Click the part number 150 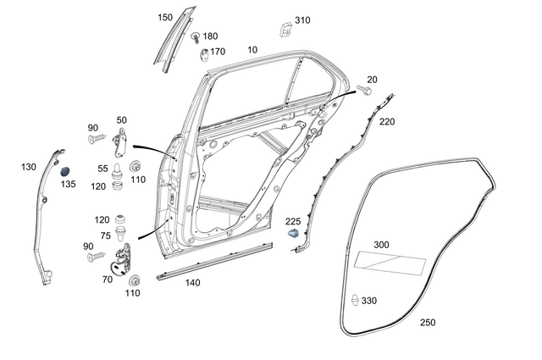(165, 17)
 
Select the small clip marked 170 (204, 55)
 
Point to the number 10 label (252, 50)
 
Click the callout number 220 (387, 122)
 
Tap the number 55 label (102, 169)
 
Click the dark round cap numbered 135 (65, 172)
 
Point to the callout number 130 (29, 168)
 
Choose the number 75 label (106, 236)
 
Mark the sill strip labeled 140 (212, 261)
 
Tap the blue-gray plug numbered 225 (294, 231)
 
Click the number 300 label (382, 245)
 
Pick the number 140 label (193, 283)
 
